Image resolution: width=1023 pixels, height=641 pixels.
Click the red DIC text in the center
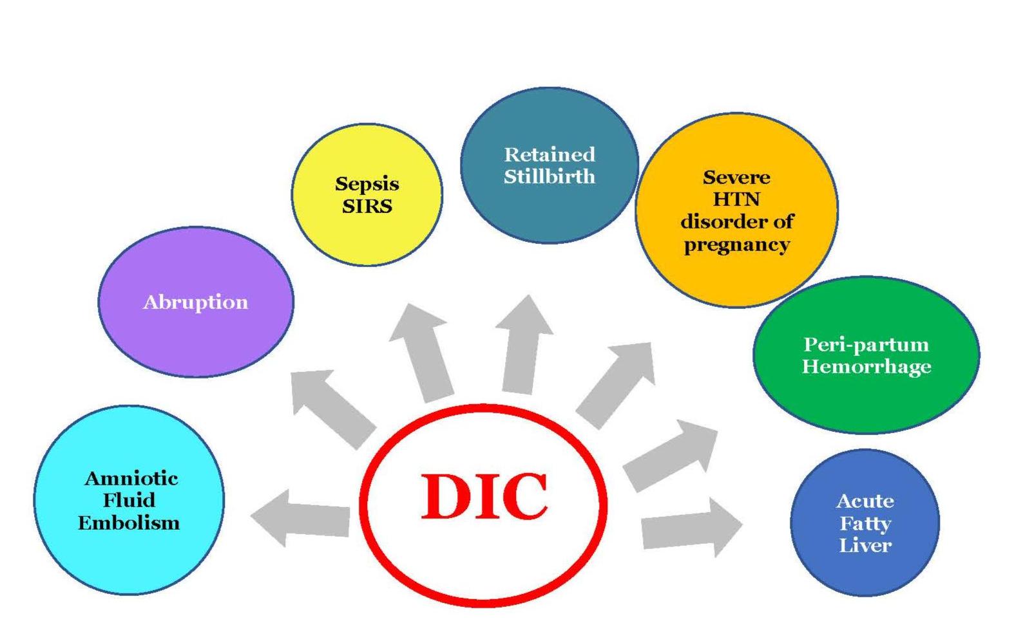click(x=484, y=496)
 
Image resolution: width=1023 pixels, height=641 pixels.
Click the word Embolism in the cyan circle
click(x=129, y=523)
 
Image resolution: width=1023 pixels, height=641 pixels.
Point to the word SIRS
click(x=367, y=206)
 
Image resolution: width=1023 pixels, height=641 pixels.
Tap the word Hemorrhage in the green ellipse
click(x=866, y=367)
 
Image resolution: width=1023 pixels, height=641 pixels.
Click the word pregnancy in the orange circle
click(x=736, y=245)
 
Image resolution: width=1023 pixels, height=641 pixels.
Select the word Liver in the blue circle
click(x=865, y=546)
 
